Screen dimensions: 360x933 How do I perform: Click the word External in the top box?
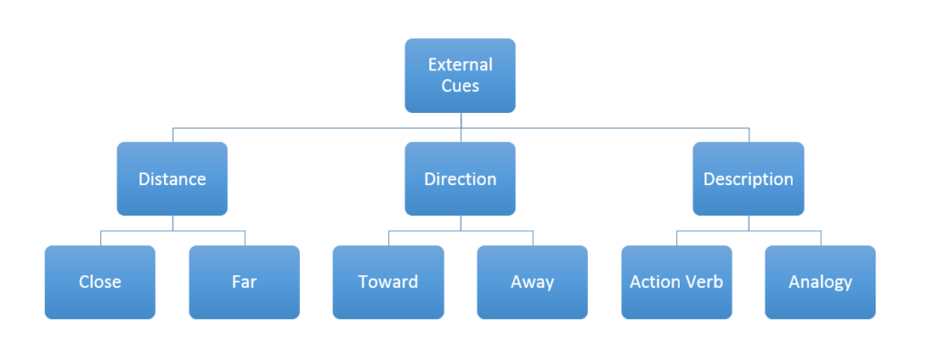point(460,65)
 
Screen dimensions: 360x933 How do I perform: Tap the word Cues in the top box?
point(460,86)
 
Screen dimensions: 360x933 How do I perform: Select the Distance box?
point(172,179)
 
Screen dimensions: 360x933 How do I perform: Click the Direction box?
point(460,179)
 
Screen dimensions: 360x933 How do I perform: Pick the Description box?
point(748,179)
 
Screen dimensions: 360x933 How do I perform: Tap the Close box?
point(100,282)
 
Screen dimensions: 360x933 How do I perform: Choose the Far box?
point(244,282)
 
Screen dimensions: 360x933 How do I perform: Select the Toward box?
point(388,282)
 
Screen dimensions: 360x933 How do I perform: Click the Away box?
point(532,282)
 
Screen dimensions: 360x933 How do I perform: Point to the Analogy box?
point(820,282)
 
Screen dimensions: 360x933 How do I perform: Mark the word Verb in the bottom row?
point(702,282)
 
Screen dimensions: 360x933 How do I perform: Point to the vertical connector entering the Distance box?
point(172,135)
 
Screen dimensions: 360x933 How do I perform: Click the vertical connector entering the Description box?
point(749,135)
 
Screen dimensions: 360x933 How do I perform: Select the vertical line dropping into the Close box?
point(100,238)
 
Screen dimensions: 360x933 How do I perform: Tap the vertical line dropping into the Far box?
point(244,238)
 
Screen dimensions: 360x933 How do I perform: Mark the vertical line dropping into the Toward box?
point(388,238)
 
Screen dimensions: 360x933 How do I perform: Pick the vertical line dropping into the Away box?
point(533,238)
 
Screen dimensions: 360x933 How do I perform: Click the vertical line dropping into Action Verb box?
point(676,238)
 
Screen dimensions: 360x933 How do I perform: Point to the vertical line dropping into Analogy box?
point(820,238)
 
